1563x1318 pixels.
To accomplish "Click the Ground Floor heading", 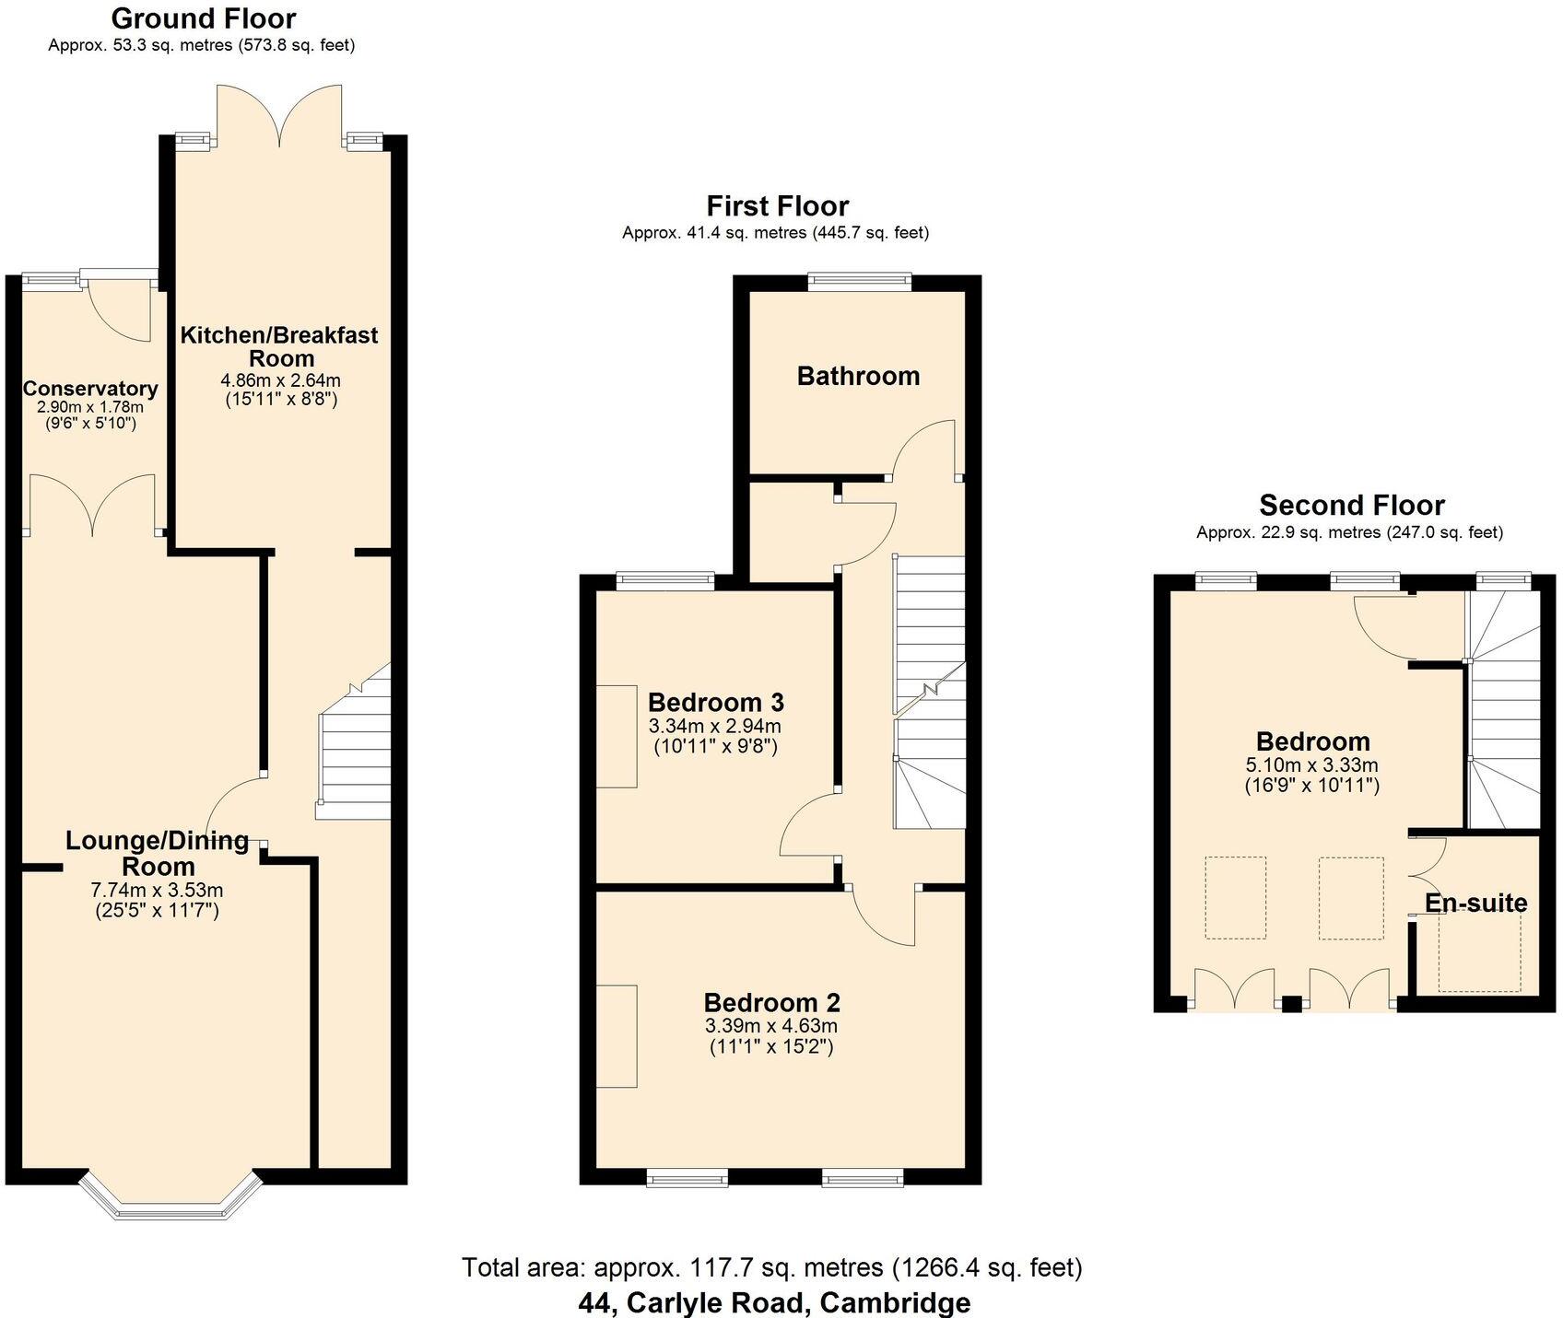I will pos(203,18).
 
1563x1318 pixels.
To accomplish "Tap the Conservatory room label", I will pos(89,389).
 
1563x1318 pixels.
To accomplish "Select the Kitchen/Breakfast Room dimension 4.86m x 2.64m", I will pos(280,379).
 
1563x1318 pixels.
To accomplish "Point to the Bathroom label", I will pos(858,376).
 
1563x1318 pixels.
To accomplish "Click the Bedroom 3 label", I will pos(715,702).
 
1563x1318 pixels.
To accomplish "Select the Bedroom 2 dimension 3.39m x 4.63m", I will pos(771,1026).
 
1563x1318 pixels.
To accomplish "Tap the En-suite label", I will pos(1475,903).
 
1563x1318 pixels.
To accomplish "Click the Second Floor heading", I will pos(1351,505).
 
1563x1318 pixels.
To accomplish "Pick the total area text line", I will pos(771,1268).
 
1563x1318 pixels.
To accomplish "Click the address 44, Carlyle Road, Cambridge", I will pos(773,1302).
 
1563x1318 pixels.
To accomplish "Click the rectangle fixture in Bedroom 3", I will pos(617,736).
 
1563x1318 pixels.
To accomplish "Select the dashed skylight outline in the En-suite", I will pos(1480,953).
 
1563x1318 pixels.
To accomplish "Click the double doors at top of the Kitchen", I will pos(280,115).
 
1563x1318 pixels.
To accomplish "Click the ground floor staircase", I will pos(354,755).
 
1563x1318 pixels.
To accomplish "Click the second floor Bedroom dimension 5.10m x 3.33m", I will pos(1311,764).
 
